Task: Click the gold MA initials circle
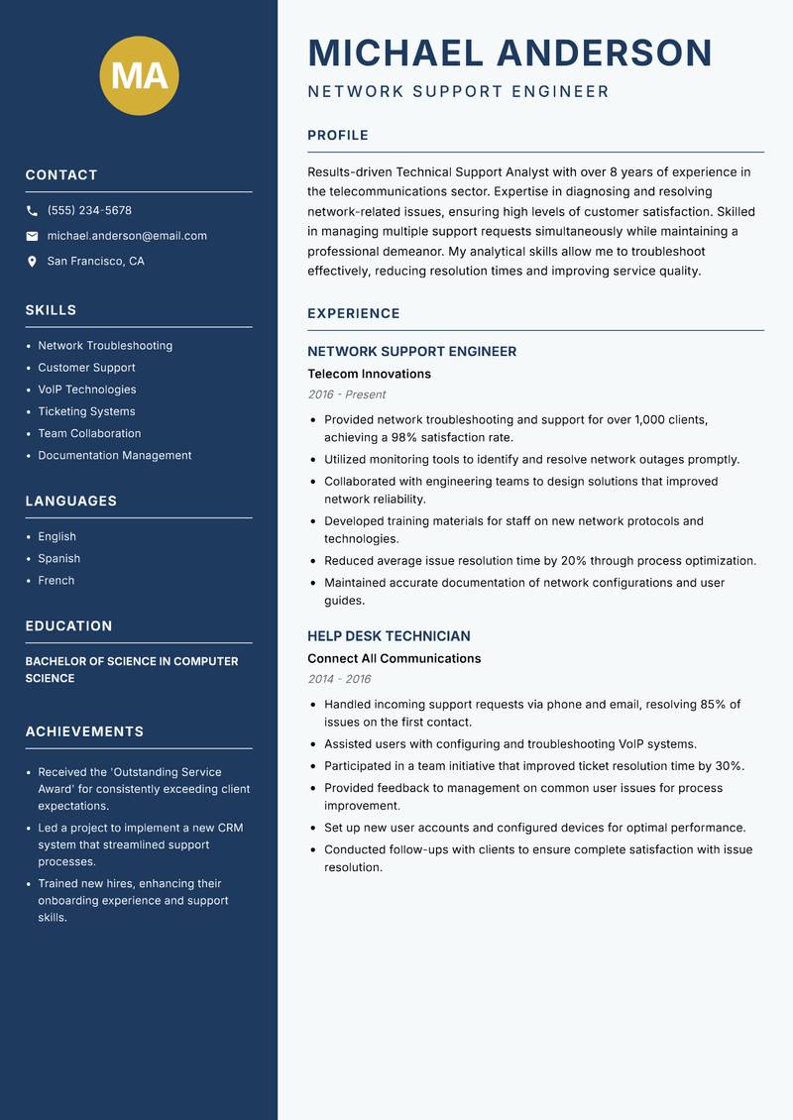[140, 75]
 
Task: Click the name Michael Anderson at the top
[510, 53]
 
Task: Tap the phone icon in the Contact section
[32, 211]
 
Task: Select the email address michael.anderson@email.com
[127, 236]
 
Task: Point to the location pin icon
[32, 262]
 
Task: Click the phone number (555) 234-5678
[89, 210]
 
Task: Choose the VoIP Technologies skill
[87, 390]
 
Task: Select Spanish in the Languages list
[59, 558]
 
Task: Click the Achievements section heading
[84, 731]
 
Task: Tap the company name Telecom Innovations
[369, 374]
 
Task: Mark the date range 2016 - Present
[346, 393]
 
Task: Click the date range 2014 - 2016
[339, 679]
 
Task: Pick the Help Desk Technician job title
[389, 636]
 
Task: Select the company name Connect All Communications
[394, 658]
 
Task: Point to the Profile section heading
[338, 135]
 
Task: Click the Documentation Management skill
[115, 455]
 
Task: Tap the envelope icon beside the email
[32, 236]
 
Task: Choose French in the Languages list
[57, 580]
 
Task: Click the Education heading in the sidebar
[68, 625]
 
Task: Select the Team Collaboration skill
[89, 433]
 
